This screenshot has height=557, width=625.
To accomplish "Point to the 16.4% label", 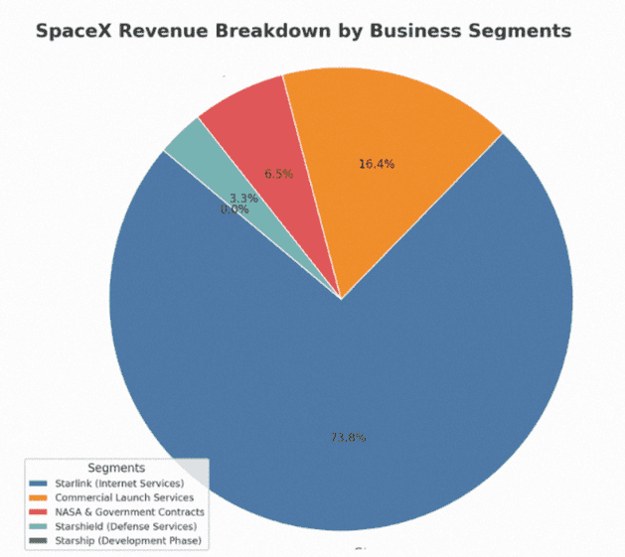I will tap(377, 164).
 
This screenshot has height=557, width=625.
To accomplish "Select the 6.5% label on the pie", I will tap(278, 174).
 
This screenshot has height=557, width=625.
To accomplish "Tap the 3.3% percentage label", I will tap(243, 199).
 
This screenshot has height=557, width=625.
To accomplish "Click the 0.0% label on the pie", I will tap(234, 209).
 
